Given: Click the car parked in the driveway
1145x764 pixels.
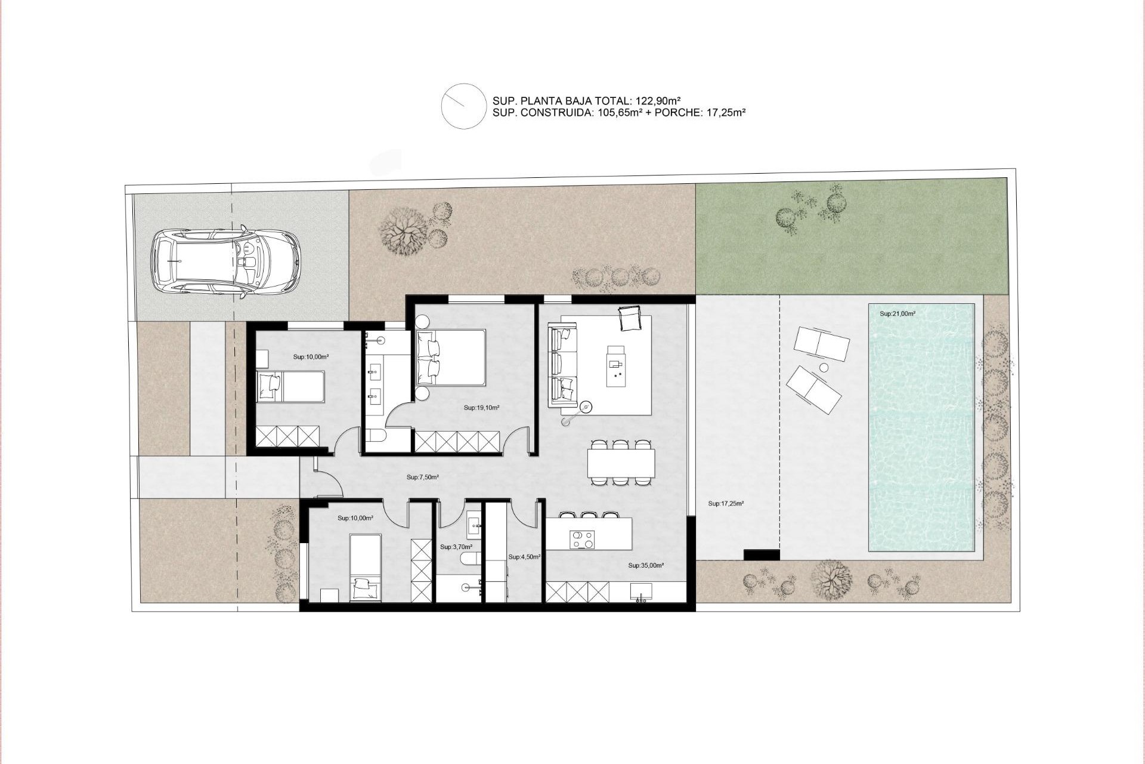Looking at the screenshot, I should click(x=225, y=261).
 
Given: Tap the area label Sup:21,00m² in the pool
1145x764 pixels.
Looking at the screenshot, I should click(x=898, y=314).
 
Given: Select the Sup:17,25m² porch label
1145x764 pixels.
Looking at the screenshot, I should click(x=726, y=504).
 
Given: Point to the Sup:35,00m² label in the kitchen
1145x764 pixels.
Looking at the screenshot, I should click(x=646, y=565).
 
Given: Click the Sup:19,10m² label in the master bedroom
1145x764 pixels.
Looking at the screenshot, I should click(x=481, y=408).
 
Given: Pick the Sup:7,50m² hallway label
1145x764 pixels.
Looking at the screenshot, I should click(x=423, y=478).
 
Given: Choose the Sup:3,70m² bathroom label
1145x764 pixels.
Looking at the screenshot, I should click(x=456, y=547).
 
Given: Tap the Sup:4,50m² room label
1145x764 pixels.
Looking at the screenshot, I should click(x=524, y=557).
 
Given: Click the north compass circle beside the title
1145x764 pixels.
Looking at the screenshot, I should click(x=464, y=106).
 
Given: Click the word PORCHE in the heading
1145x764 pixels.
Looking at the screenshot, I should click(x=675, y=112).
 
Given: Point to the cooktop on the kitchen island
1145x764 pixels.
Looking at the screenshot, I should click(x=582, y=540).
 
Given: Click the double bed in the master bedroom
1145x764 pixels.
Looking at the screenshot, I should click(x=451, y=357).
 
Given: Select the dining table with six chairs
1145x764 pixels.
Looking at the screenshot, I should click(x=621, y=463).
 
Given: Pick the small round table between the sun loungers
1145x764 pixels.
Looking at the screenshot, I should click(x=825, y=368).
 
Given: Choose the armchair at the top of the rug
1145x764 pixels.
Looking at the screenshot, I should click(x=630, y=318).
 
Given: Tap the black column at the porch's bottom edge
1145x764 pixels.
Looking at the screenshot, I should click(x=762, y=554).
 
